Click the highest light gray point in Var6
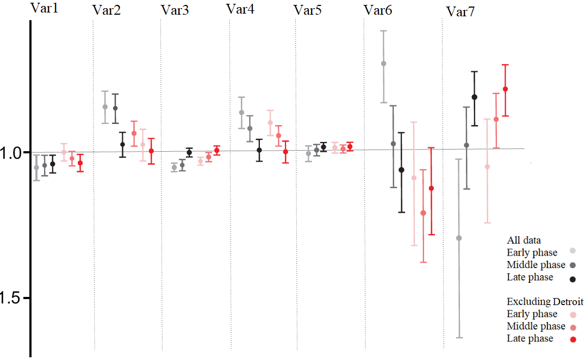[x=383, y=64]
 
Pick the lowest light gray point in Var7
[x=459, y=238]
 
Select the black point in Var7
[x=474, y=97]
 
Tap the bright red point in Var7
[x=505, y=89]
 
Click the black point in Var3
[x=189, y=153]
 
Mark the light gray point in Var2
[x=105, y=107]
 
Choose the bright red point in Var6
[x=431, y=188]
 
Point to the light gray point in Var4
[x=241, y=113]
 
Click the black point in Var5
[x=323, y=147]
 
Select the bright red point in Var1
[x=80, y=163]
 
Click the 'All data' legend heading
[x=524, y=240]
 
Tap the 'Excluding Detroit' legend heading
[x=545, y=301]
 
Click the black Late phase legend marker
[x=573, y=279]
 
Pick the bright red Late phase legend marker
[x=573, y=340]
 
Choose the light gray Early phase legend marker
[x=573, y=251]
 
